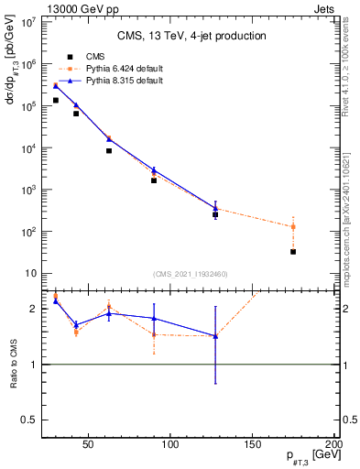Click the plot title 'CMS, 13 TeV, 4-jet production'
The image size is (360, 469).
click(191, 36)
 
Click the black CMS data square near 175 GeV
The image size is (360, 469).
click(293, 251)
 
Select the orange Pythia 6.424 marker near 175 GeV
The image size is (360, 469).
click(293, 226)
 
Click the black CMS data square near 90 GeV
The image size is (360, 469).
click(154, 180)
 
